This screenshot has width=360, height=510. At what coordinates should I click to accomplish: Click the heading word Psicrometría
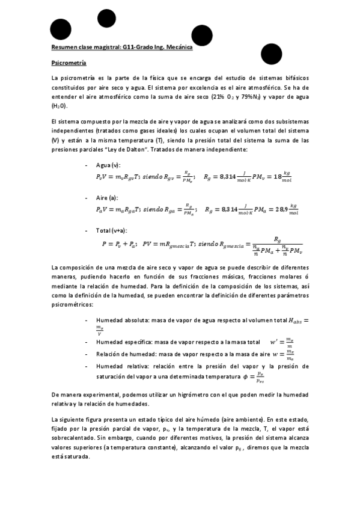coord(69,63)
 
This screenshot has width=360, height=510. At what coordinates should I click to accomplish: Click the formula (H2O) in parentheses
coord(60,105)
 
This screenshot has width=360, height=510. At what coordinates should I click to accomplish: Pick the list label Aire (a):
coord(107,197)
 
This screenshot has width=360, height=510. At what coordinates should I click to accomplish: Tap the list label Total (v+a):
coord(112,230)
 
